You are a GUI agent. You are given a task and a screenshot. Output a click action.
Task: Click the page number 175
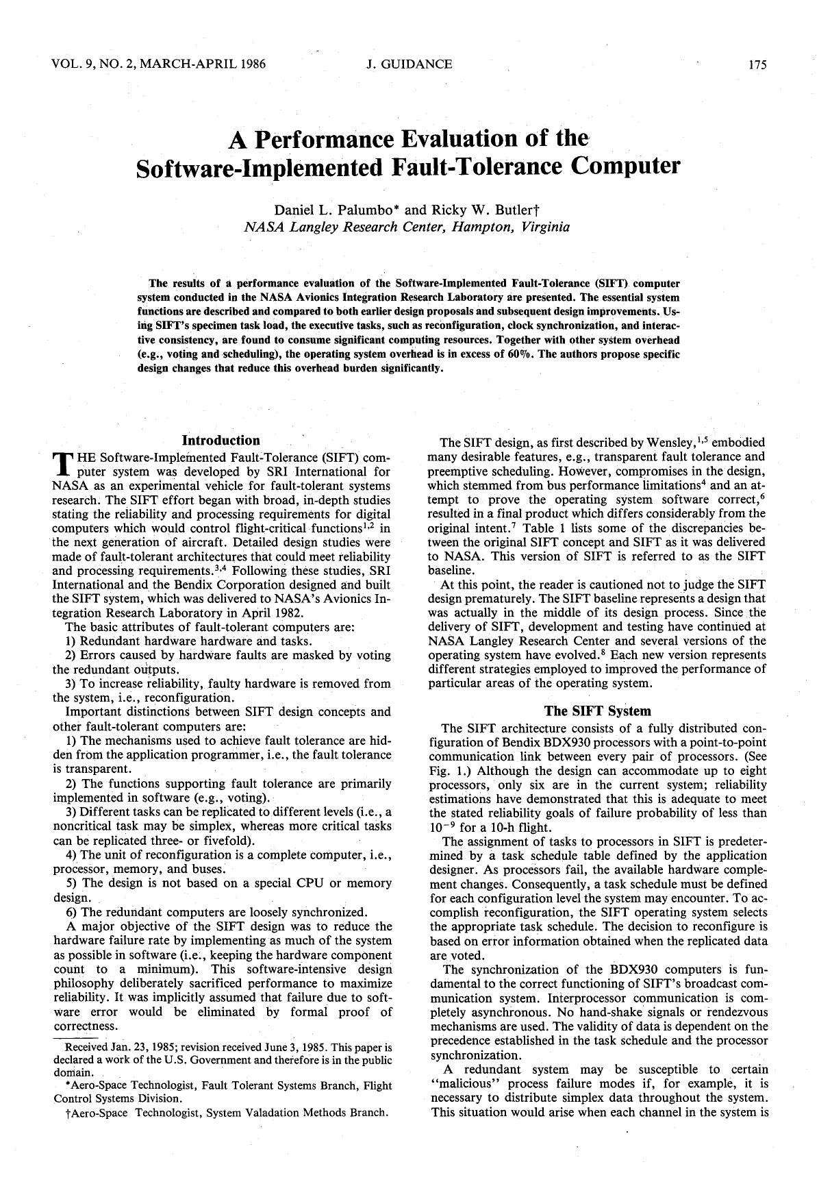757,65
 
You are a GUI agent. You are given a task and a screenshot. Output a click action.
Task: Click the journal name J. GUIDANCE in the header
409,64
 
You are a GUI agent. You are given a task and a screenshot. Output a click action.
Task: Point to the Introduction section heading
221,441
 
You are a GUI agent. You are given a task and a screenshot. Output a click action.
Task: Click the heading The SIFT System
597,711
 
